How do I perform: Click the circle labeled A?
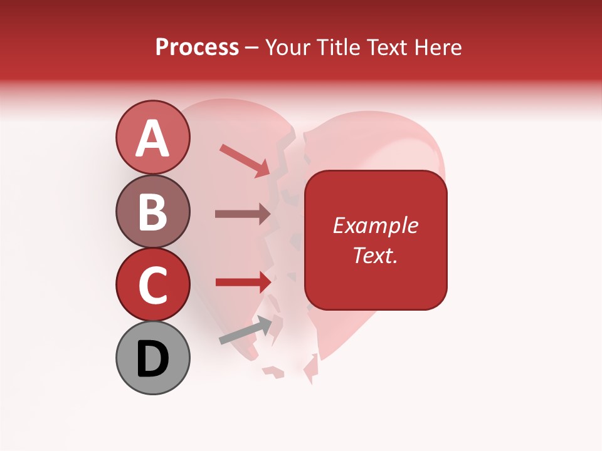[x=153, y=137]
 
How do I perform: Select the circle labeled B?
[x=153, y=211]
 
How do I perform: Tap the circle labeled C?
[x=153, y=284]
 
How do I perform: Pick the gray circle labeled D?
[x=153, y=358]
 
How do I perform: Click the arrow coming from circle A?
[x=245, y=160]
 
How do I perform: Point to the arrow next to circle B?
[x=243, y=214]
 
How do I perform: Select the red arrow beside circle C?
[x=243, y=283]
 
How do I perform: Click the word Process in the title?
[x=197, y=47]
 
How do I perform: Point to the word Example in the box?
[x=375, y=225]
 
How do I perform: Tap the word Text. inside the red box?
[x=375, y=255]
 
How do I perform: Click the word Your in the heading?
[x=285, y=47]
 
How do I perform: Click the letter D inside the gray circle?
[x=153, y=360]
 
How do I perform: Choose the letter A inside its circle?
[x=153, y=138]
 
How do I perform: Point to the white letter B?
[x=153, y=212]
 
